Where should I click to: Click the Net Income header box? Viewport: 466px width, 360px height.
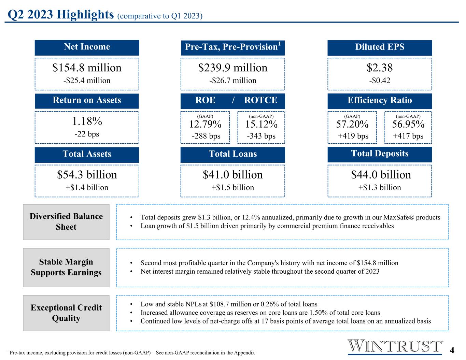coord(87,47)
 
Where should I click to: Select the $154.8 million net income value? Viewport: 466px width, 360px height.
coord(87,68)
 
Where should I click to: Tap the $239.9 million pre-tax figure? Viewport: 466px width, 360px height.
coord(233,68)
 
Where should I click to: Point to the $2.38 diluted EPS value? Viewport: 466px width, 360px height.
coord(380,68)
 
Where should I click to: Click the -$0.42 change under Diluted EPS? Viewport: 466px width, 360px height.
coord(380,81)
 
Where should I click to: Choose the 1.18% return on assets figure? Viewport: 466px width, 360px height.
coord(87,121)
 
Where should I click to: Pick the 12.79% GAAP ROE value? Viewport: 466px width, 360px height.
coord(205,124)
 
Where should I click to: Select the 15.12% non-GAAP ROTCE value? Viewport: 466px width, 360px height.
coord(261,124)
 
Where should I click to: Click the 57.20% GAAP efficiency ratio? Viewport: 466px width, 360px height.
coord(352,124)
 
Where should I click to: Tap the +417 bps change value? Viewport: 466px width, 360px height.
coord(408,136)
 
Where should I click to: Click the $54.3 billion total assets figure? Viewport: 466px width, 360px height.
coord(87,175)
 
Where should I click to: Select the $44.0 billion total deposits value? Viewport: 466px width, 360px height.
coord(381,175)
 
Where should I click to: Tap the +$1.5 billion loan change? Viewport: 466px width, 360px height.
coord(233,187)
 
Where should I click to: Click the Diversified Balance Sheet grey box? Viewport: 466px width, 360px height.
coord(66,222)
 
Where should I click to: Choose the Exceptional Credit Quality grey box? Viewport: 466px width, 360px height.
coord(66,313)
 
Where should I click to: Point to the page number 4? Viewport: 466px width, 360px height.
coord(452,350)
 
